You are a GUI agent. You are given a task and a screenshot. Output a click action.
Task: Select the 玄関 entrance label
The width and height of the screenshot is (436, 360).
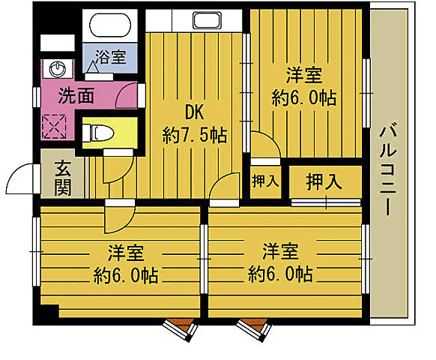click(x=63, y=177)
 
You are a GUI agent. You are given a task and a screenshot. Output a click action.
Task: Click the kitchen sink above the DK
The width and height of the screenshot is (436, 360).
click(x=205, y=20)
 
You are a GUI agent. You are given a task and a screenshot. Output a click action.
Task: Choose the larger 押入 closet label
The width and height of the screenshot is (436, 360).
click(x=324, y=181)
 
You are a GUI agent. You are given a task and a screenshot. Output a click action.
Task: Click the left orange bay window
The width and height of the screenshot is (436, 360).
click(x=180, y=328)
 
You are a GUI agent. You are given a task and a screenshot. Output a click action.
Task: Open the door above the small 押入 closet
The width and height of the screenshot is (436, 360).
click(x=263, y=145)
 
